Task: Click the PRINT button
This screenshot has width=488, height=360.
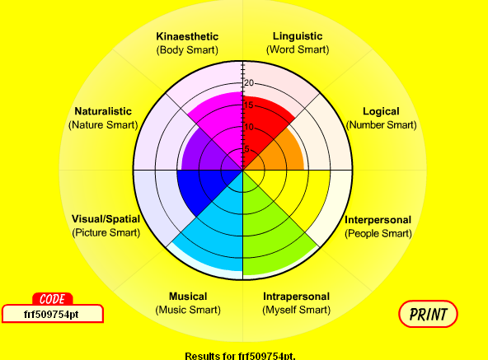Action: click(428, 314)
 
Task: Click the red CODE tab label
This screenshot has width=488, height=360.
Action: click(52, 299)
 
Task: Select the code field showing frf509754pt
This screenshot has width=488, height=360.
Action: click(52, 314)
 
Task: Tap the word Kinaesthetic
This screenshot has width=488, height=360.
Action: click(187, 36)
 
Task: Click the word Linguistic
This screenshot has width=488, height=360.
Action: click(298, 36)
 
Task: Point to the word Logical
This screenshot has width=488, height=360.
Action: click(381, 112)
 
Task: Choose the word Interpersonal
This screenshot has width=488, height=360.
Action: click(378, 220)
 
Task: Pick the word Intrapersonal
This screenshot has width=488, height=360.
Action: click(296, 297)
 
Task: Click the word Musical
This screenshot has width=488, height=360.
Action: click(188, 297)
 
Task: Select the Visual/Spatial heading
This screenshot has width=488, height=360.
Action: click(106, 219)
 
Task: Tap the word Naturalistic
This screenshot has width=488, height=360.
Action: click(103, 111)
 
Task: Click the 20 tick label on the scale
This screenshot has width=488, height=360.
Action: click(249, 83)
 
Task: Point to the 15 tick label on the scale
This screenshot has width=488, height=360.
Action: click(249, 105)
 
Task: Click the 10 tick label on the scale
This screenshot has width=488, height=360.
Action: click(249, 127)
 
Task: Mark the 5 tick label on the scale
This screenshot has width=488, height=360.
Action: click(246, 149)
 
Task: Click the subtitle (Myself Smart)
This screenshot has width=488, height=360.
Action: click(296, 310)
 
